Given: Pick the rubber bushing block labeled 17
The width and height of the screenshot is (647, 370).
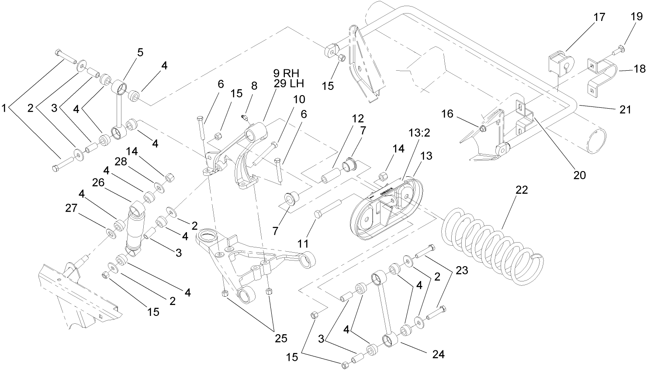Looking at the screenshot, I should (559, 61).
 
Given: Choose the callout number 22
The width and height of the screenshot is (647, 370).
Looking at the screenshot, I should (521, 190).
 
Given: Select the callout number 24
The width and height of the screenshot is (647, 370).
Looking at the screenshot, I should (438, 354).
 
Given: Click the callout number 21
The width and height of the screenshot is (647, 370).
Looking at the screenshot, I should (625, 109).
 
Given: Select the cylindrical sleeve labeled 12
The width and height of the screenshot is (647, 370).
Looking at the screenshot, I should (331, 179).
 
